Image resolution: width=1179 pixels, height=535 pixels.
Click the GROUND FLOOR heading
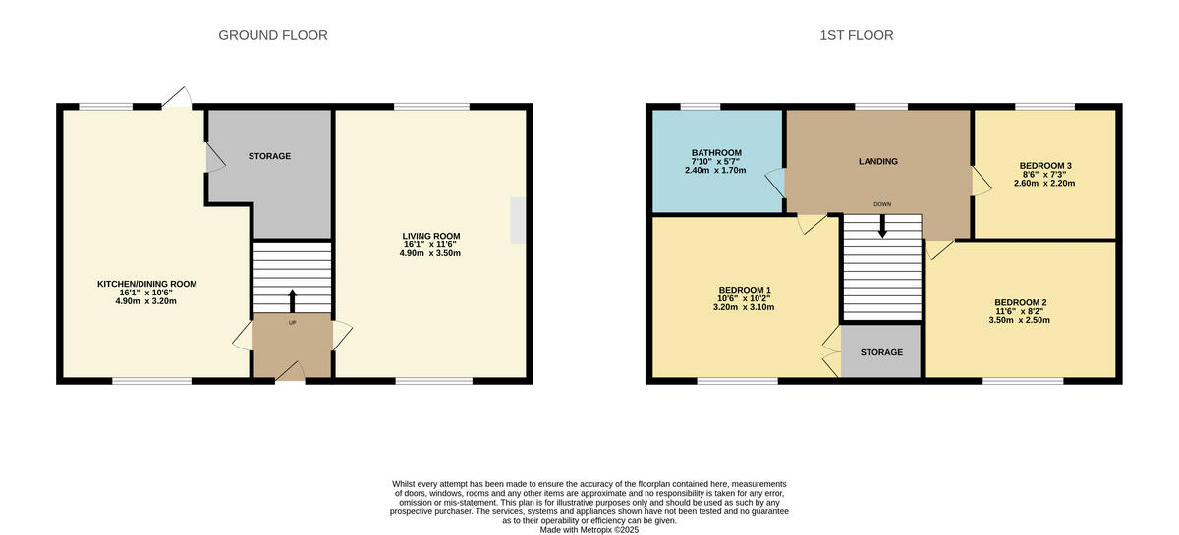pyautogui.click(x=272, y=35)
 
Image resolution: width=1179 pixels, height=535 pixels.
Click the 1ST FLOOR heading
pyautogui.click(x=857, y=35)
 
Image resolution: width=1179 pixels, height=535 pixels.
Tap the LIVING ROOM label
pyautogui.click(x=430, y=236)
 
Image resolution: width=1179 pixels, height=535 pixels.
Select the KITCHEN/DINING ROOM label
pyautogui.click(x=146, y=284)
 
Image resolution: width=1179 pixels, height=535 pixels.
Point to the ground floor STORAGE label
pyautogui.click(x=269, y=156)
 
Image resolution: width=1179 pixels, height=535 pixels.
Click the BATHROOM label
pyautogui.click(x=716, y=153)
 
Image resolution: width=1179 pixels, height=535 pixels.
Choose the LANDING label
pyautogui.click(x=878, y=161)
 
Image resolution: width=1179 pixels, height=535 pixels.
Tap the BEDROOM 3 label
pyautogui.click(x=1046, y=165)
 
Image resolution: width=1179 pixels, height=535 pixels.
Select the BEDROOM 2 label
pyautogui.click(x=1021, y=302)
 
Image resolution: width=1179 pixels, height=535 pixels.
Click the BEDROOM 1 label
pyautogui.click(x=745, y=290)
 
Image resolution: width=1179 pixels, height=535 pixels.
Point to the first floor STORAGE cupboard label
pyautogui.click(x=880, y=352)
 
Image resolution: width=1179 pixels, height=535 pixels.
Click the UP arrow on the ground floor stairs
pyautogui.click(x=292, y=300)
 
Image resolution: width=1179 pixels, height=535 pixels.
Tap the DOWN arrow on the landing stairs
pyautogui.click(x=882, y=225)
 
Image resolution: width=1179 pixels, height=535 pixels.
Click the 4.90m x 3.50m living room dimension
pyautogui.click(x=430, y=253)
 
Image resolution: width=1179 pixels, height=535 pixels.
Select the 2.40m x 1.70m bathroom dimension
pyautogui.click(x=716, y=171)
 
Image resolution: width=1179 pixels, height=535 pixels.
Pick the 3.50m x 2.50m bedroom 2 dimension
pyautogui.click(x=1021, y=320)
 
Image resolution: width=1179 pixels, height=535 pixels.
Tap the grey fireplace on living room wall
pyautogui.click(x=517, y=221)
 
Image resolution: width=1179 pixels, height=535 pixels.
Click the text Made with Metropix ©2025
pyautogui.click(x=589, y=530)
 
